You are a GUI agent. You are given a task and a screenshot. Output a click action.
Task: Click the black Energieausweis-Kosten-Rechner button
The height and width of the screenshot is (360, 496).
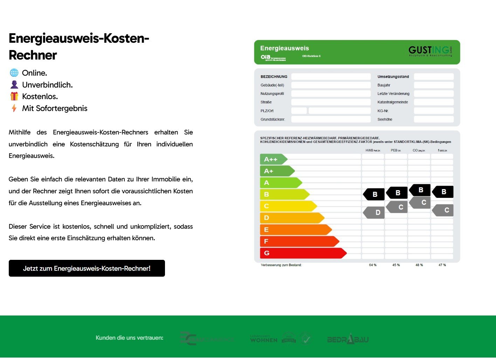pyautogui.click(x=87, y=268)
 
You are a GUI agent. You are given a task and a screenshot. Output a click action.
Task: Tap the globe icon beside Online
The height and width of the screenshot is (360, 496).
pyautogui.click(x=14, y=73)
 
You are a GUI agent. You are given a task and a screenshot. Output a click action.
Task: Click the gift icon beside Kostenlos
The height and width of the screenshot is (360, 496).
pyautogui.click(x=14, y=96)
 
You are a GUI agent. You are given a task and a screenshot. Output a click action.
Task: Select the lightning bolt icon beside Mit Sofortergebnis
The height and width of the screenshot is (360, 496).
pyautogui.click(x=14, y=108)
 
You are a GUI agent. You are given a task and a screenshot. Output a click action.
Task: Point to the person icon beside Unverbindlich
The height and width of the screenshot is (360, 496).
pyautogui.click(x=14, y=84)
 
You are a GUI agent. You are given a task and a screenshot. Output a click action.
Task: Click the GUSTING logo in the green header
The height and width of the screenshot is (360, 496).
pyautogui.click(x=430, y=51)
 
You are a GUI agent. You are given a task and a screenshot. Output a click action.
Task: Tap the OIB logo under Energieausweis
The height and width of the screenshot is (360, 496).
pyautogui.click(x=266, y=57)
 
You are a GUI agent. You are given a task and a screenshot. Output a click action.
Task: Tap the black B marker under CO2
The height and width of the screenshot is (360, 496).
pyautogui.click(x=420, y=190)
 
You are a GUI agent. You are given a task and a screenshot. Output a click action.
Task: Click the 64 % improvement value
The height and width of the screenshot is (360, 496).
pyautogui.click(x=373, y=265)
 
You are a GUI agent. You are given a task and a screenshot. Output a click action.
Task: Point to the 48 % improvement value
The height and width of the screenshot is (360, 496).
pyautogui.click(x=419, y=265)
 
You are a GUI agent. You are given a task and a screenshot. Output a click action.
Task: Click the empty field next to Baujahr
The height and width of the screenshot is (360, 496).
pyautogui.click(x=434, y=85)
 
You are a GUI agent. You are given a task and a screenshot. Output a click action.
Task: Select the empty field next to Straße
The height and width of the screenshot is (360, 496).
pyautogui.click(x=331, y=102)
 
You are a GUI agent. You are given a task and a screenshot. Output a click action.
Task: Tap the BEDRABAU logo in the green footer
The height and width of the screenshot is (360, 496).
pyautogui.click(x=348, y=339)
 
